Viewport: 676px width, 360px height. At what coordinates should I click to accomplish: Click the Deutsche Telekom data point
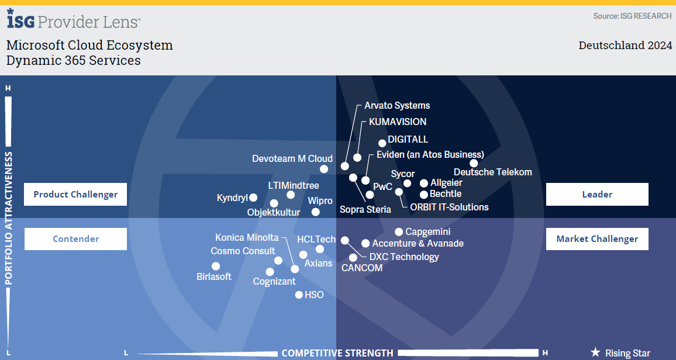tap(474, 163)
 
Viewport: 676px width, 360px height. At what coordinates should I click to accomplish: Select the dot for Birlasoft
tap(216, 266)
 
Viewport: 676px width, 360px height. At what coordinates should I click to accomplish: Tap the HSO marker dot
tap(299, 295)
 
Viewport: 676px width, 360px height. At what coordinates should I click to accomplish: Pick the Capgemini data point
tap(399, 232)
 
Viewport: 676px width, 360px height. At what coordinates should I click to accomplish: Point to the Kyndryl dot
tap(253, 198)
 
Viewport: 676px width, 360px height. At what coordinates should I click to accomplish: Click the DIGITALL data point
tap(382, 143)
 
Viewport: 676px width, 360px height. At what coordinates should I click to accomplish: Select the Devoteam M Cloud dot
tap(324, 169)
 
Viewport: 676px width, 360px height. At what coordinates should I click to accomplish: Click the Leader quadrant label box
tap(597, 194)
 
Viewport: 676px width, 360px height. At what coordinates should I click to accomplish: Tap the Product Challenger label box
tap(75, 194)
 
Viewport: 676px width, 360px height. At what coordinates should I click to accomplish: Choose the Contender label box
tap(75, 238)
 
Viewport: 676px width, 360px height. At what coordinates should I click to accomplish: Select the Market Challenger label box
tap(597, 238)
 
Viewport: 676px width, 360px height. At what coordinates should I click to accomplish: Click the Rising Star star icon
tap(595, 352)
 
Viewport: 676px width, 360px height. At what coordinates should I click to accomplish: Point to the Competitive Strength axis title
tap(337, 353)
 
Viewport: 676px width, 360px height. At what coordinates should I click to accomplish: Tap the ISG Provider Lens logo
tap(73, 20)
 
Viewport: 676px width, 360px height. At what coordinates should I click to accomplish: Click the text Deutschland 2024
tap(625, 46)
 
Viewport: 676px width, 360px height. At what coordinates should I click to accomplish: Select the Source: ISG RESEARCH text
tap(632, 16)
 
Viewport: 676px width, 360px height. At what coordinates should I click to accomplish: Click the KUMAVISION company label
tap(398, 122)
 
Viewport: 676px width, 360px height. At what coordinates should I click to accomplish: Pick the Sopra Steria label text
tap(365, 209)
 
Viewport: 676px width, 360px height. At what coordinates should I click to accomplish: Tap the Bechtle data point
tap(424, 195)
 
